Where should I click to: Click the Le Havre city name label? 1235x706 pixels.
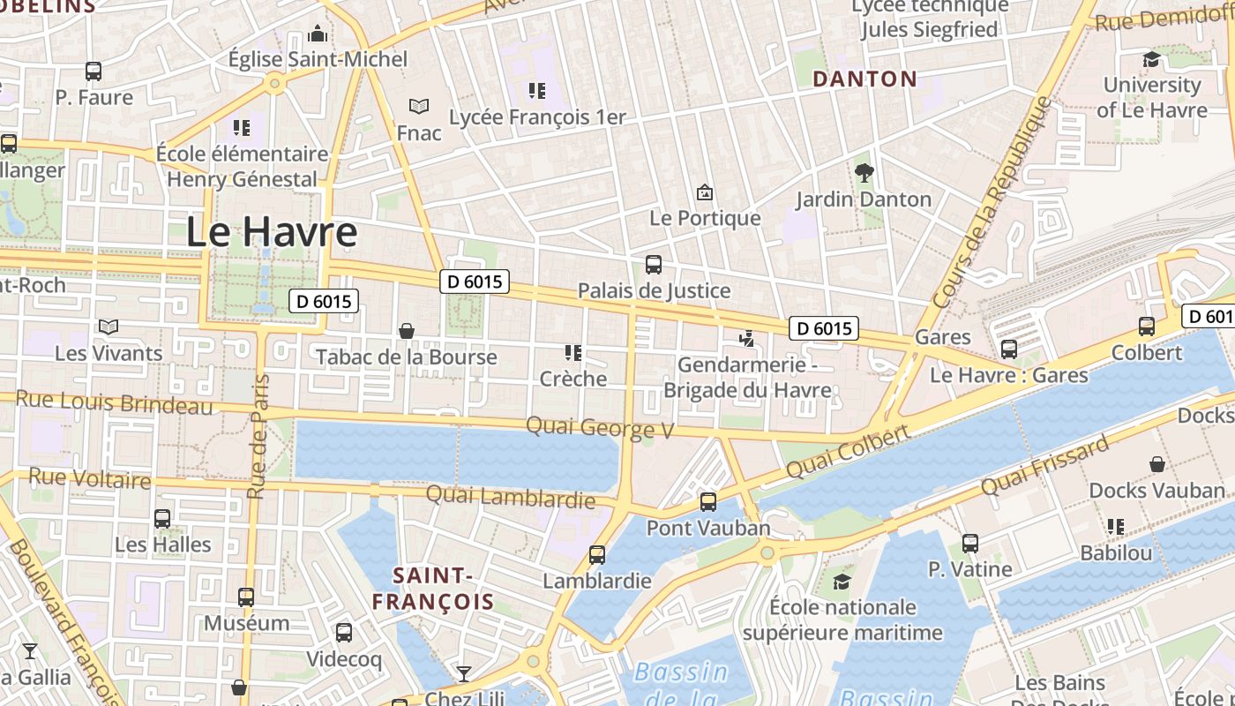click(272, 232)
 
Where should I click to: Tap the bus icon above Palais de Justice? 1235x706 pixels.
click(654, 264)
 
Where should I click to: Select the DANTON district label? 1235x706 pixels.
click(864, 79)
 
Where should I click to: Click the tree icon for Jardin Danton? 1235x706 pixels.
click(864, 173)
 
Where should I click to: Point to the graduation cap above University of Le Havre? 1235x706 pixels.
click(1151, 59)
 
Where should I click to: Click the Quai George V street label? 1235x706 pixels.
click(600, 428)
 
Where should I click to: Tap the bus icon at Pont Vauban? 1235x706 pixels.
click(707, 502)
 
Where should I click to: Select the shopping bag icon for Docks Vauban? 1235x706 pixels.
click(1156, 464)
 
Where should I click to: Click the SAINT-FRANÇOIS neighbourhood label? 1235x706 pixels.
click(431, 590)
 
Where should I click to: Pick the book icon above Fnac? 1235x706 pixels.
click(419, 107)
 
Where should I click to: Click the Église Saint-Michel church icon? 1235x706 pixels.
click(317, 34)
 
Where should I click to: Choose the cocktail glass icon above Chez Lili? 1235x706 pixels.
click(463, 674)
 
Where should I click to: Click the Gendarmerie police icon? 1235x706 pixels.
click(747, 338)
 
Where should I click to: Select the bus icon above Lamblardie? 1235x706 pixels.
click(597, 555)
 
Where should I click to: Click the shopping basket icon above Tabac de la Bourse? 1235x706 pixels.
click(407, 331)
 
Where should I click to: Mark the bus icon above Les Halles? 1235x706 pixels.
click(162, 518)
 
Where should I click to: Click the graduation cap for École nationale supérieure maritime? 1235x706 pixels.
click(842, 582)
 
